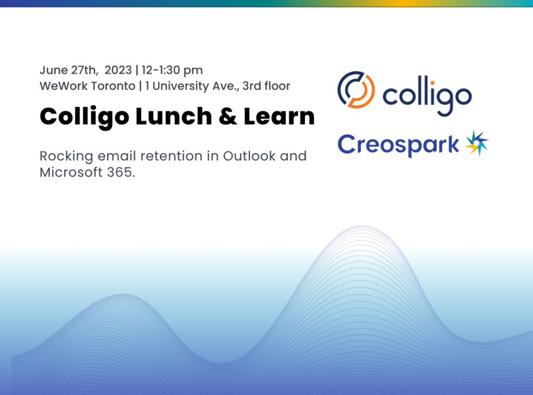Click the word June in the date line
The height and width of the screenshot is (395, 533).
pos(53,70)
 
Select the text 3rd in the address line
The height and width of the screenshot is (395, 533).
pos(252,86)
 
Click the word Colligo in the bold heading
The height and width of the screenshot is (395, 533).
pos(84,117)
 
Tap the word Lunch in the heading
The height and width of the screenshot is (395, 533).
pos(172,117)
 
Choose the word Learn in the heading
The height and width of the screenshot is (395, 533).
pos(280,117)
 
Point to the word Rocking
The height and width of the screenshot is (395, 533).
pos(64,156)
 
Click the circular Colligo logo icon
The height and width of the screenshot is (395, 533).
pos(356,90)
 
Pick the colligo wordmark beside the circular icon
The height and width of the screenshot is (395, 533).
pos(427,95)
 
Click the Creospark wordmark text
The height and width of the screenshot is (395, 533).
pos(398,144)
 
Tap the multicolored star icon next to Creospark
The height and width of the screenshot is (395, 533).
pos(476,143)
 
